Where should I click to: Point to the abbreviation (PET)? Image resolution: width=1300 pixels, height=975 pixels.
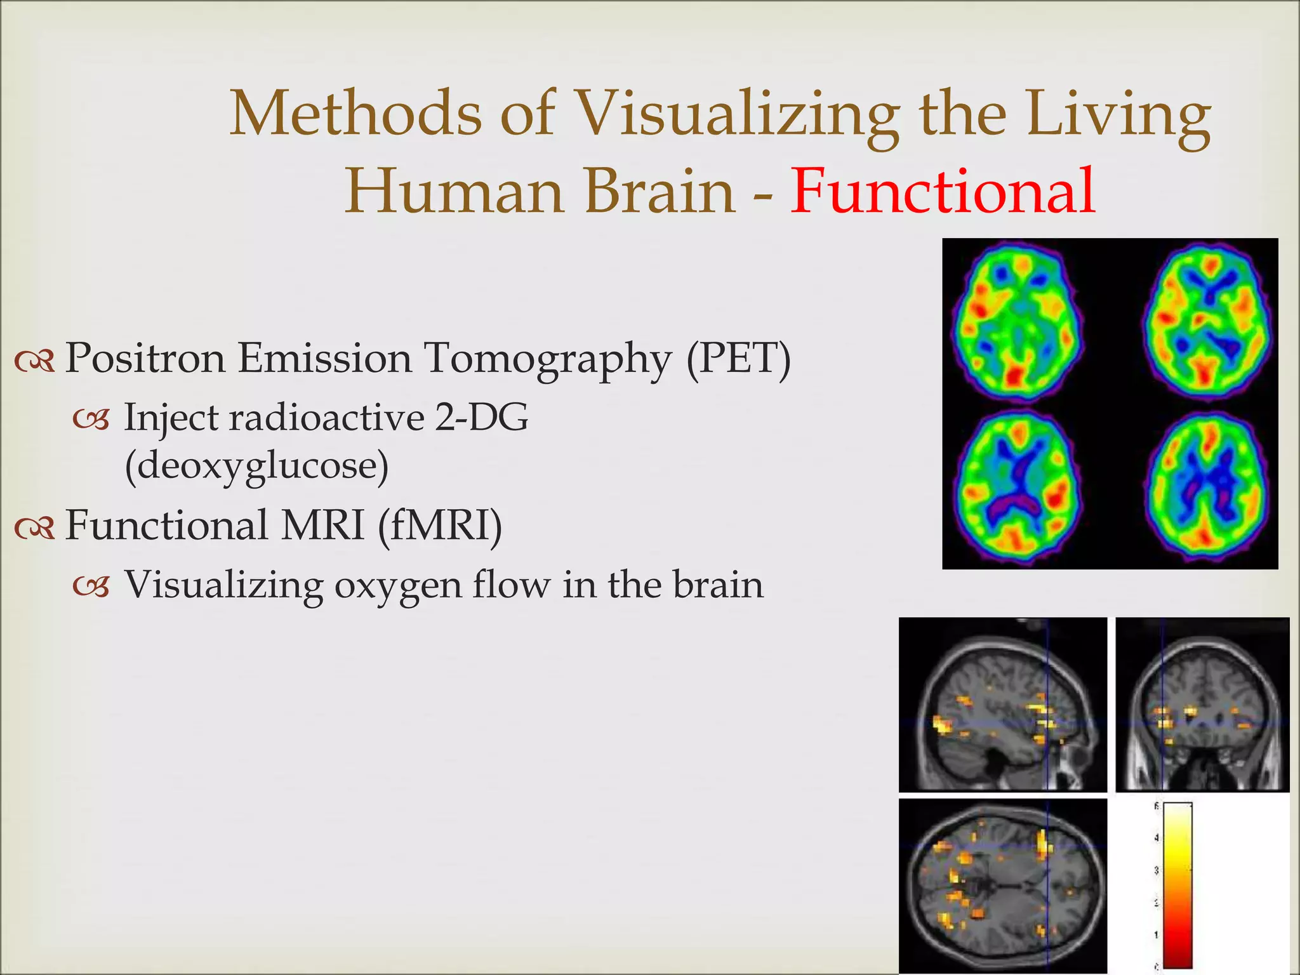click(x=739, y=359)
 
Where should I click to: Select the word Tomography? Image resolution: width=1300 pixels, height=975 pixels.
click(x=547, y=359)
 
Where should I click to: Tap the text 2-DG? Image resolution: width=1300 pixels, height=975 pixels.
click(x=481, y=418)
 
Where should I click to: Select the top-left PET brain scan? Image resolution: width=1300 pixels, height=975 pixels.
click(x=1017, y=322)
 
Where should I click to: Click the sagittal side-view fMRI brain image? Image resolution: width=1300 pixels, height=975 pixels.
click(x=1003, y=705)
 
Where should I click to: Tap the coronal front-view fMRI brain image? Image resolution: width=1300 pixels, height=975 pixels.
click(x=1202, y=705)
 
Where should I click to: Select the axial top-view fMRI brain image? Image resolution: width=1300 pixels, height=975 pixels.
click(x=1003, y=886)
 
